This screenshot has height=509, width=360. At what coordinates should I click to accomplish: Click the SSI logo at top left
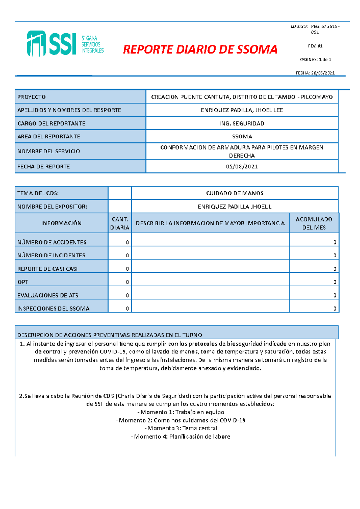65,44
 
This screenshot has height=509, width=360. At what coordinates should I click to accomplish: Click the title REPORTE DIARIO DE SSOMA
200,49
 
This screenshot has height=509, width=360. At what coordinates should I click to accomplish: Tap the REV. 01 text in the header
315,46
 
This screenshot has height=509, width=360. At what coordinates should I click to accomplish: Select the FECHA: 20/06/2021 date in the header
315,73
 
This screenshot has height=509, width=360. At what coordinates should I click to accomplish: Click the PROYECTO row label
31,97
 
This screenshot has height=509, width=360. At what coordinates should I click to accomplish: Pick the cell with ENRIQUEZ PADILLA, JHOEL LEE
242,110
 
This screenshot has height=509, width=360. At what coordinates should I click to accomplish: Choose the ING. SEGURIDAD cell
242,124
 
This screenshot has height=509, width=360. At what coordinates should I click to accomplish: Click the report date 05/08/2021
242,167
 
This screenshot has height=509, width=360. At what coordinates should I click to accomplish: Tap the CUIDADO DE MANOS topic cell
235,193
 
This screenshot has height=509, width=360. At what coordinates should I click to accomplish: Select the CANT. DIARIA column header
120,223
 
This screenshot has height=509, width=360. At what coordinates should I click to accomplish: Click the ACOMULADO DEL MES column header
314,223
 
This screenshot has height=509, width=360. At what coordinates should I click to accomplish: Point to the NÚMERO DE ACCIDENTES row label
52,242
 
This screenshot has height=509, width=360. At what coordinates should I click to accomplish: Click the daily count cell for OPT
120,282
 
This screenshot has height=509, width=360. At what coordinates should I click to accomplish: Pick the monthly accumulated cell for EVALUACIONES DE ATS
314,296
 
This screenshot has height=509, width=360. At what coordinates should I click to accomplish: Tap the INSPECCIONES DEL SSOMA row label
53,308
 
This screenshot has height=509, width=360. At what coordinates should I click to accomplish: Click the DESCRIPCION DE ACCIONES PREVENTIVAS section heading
110,335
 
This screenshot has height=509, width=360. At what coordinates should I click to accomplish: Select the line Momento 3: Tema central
181,428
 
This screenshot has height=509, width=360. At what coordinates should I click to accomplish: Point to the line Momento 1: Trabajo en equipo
181,412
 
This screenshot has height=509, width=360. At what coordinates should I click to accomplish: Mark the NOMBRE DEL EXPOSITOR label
52,207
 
